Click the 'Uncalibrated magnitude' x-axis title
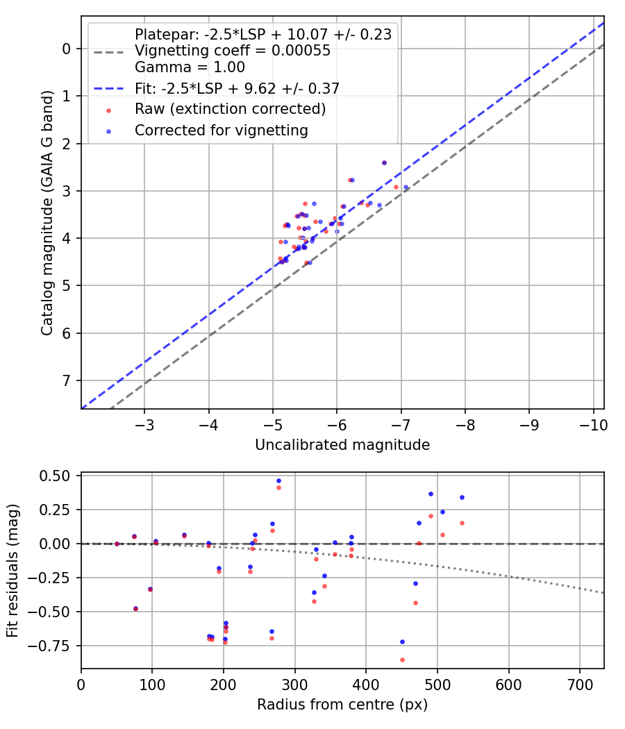[342, 445]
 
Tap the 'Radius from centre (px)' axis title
[342, 705]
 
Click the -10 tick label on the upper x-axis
[593, 424]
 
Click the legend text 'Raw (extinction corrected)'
[230, 109]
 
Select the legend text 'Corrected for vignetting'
[222, 130]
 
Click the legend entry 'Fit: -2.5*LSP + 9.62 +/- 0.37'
[237, 88]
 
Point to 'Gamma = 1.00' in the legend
[190, 67]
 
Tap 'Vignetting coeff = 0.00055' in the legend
[233, 51]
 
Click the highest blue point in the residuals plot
[278, 480]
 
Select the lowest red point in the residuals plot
[402, 660]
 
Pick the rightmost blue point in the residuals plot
[462, 497]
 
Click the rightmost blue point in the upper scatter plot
[406, 187]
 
